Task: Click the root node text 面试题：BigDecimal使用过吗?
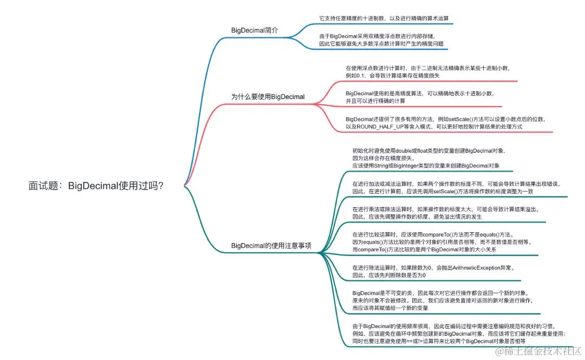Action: pyautogui.click(x=96, y=186)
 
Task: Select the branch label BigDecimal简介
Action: pyautogui.click(x=255, y=30)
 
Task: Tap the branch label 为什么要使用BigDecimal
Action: pyautogui.click(x=268, y=97)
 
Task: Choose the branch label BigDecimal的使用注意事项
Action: pyautogui.click(x=271, y=245)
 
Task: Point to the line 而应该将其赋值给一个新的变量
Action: pyautogui.click(x=390, y=307)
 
